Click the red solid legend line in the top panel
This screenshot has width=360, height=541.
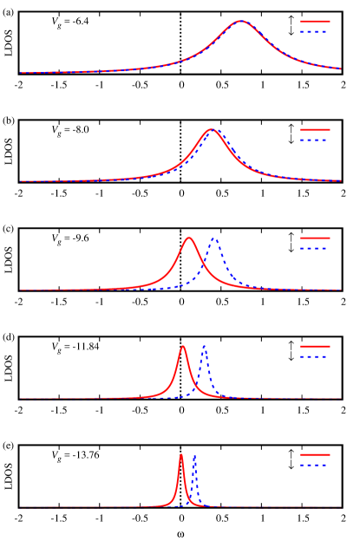[x=315, y=22]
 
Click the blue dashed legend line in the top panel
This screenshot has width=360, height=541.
[x=315, y=32]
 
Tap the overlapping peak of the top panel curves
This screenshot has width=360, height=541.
[x=241, y=21]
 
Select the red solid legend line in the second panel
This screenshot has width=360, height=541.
[x=315, y=130]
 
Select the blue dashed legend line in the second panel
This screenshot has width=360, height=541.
[x=315, y=140]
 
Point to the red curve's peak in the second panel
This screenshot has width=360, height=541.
[x=211, y=130]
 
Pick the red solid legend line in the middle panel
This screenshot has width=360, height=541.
[x=315, y=238]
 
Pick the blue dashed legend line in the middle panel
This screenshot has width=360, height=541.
[x=315, y=248]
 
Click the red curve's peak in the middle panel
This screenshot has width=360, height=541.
[x=189, y=238]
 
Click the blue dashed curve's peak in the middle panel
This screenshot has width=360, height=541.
[x=214, y=238]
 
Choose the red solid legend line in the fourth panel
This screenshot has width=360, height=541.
[x=315, y=346]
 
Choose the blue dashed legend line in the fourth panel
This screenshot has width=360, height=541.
[x=315, y=356]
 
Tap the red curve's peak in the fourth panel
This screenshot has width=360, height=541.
[x=183, y=347]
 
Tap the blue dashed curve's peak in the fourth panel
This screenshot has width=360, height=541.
[x=204, y=347]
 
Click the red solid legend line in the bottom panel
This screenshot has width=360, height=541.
[x=315, y=454]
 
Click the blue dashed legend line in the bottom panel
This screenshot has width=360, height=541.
[x=315, y=465]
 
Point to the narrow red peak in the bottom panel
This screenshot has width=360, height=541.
[x=181, y=455]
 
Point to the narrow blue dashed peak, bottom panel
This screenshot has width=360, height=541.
[x=194, y=455]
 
